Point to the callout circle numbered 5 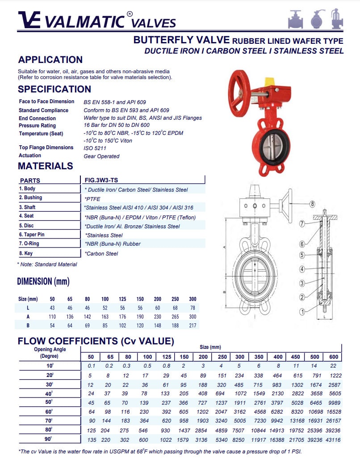coord(302,255)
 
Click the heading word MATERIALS coord(45,166)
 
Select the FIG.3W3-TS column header coord(101,180)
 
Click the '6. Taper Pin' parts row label coord(32,234)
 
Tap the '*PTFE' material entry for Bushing coord(92,199)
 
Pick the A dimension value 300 coord(192,316)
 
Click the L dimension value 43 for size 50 coord(52,308)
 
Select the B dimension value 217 coord(192,325)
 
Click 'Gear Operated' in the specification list coord(101,156)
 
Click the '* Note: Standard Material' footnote coord(47,264)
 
